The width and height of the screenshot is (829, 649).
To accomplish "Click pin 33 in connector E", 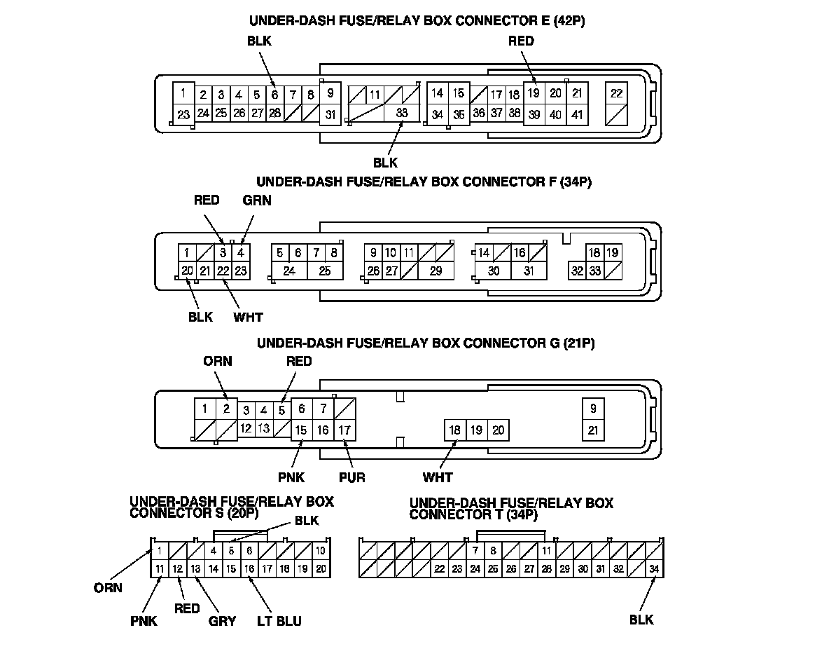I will [402, 112].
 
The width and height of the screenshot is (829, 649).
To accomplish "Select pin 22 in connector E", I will [616, 93].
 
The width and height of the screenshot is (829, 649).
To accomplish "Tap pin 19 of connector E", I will [534, 93].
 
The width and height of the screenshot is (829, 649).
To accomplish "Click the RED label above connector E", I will [521, 41].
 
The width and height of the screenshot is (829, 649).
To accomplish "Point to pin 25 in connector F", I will [324, 271].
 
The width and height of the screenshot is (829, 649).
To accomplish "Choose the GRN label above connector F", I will [256, 200].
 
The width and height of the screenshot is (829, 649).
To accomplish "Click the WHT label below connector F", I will [248, 317].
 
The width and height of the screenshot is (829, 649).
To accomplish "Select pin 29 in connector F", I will [436, 271].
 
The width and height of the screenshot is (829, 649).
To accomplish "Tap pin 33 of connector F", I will [594, 271].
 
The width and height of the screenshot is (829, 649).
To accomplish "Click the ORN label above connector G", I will [218, 362].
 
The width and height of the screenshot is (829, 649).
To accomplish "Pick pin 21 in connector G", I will [593, 430].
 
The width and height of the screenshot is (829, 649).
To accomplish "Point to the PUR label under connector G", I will [351, 478].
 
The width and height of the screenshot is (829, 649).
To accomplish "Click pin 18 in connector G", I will [454, 430].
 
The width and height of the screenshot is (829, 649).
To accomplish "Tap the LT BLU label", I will [279, 621].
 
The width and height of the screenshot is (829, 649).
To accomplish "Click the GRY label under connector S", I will [222, 621].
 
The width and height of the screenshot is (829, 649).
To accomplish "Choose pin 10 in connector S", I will [320, 551].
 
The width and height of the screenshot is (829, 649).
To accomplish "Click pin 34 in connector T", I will [654, 569].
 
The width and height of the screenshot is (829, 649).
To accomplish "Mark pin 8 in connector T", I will [493, 551].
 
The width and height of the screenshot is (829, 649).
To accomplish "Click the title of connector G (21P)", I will [426, 343].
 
